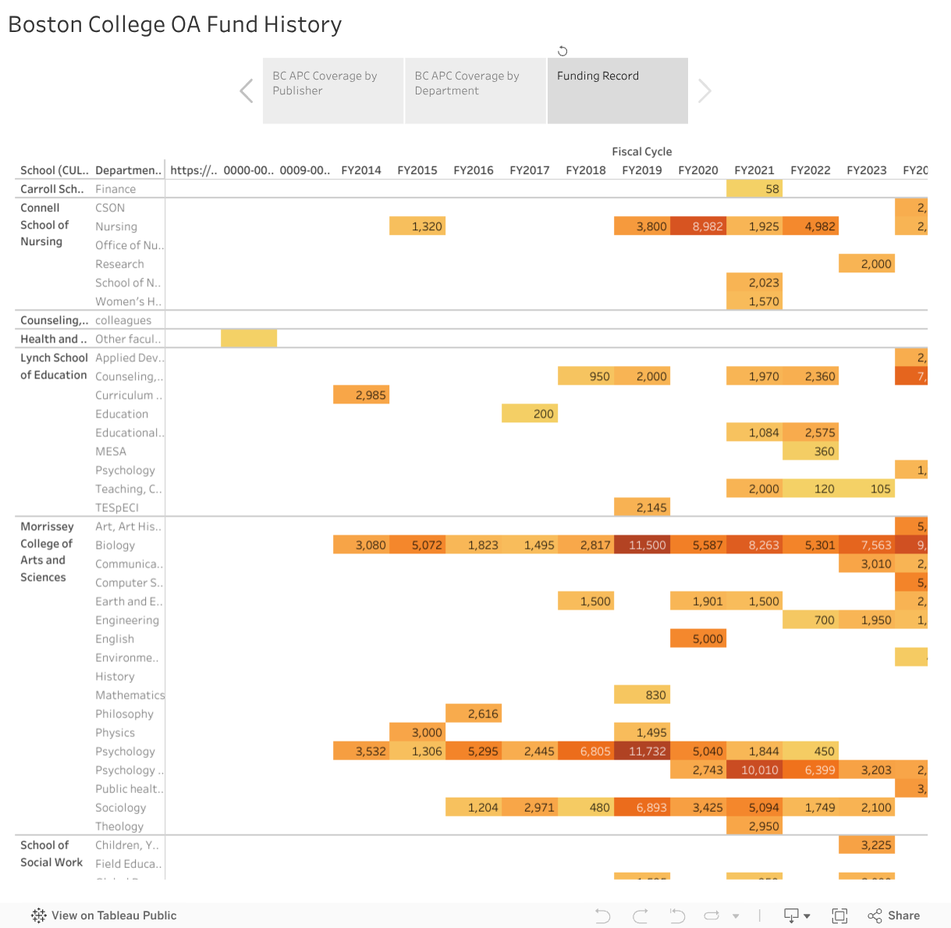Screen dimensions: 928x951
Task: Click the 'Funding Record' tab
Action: (x=617, y=91)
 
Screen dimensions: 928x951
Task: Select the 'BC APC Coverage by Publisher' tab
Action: (x=333, y=91)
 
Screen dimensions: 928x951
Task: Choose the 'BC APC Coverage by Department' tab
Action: (x=475, y=91)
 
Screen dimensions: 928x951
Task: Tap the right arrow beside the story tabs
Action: (x=704, y=91)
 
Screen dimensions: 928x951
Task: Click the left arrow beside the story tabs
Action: (x=247, y=91)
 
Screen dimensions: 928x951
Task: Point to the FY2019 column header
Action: (x=641, y=170)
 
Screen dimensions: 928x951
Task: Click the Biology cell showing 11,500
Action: (x=642, y=545)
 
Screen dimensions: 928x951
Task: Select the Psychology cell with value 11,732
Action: (x=642, y=751)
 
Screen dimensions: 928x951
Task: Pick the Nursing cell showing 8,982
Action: (x=698, y=226)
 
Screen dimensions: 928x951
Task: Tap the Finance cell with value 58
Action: (x=754, y=189)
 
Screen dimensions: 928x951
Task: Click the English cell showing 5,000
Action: (x=698, y=638)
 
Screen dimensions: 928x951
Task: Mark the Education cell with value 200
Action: (x=530, y=414)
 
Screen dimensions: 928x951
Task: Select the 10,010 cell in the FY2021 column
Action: (x=754, y=770)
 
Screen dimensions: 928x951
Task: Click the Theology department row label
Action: (x=119, y=826)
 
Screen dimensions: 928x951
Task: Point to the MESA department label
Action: (x=111, y=451)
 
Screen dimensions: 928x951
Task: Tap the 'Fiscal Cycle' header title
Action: (x=641, y=151)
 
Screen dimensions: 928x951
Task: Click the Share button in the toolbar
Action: (x=894, y=916)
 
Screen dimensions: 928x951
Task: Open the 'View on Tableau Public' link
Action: (x=104, y=916)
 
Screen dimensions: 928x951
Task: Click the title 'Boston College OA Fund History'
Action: (x=175, y=25)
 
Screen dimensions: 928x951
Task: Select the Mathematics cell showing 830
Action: (x=642, y=695)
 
